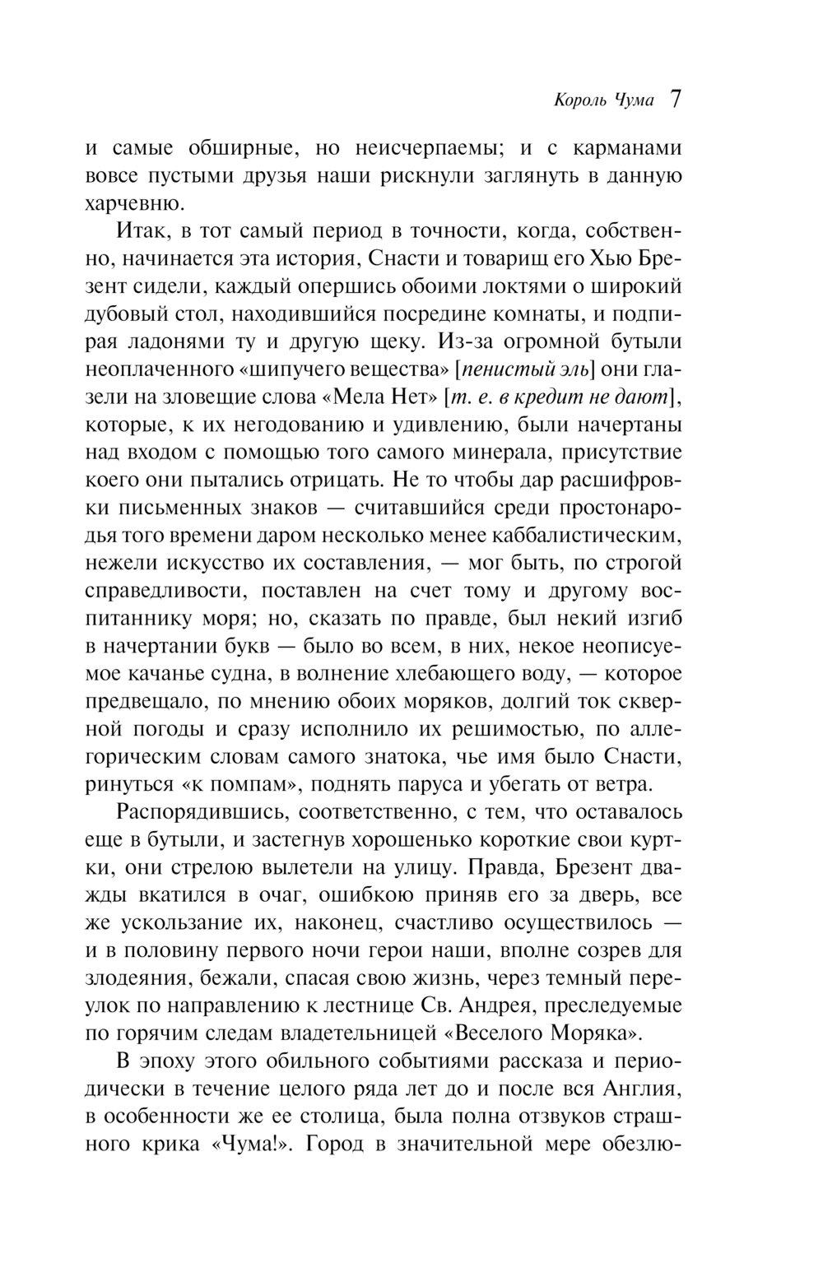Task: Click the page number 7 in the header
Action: [675, 100]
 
